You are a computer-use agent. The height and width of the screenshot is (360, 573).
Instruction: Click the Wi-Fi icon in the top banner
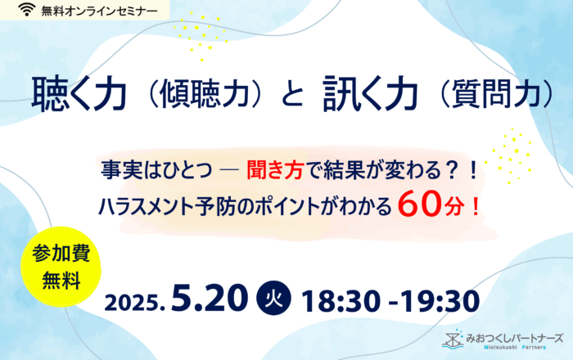pyautogui.click(x=26, y=10)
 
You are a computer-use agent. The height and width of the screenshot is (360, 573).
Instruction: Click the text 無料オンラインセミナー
pyautogui.click(x=99, y=11)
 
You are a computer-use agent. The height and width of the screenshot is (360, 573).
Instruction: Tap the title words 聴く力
pyautogui.click(x=79, y=93)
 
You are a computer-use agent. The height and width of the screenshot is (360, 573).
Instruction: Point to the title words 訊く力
pyautogui.click(x=371, y=93)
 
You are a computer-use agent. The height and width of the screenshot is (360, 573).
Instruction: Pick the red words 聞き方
pyautogui.click(x=275, y=170)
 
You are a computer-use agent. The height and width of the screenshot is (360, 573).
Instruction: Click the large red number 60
pyautogui.click(x=419, y=205)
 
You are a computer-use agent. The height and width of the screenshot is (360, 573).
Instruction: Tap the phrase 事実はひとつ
pyautogui.click(x=156, y=170)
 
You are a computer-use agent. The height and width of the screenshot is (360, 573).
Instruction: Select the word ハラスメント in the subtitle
pyautogui.click(x=147, y=207)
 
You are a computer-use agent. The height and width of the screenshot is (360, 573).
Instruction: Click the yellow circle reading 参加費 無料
pyautogui.click(x=61, y=267)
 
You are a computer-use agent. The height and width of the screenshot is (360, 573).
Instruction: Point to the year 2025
pyautogui.click(x=134, y=303)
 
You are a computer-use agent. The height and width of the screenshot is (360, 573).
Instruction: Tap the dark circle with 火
pyautogui.click(x=274, y=298)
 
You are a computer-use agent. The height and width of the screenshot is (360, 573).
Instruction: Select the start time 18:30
pyautogui.click(x=341, y=301)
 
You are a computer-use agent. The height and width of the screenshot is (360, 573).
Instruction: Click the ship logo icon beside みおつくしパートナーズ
pyautogui.click(x=453, y=340)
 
